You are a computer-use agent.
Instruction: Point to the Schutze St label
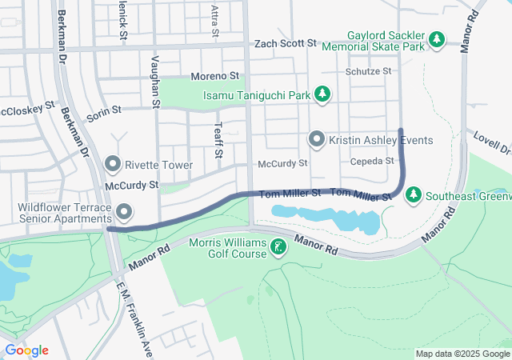click(x=369, y=71)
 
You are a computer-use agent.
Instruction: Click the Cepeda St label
click(x=373, y=161)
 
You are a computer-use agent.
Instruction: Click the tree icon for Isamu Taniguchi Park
click(x=322, y=94)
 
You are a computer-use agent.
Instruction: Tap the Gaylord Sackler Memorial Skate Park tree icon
click(x=436, y=38)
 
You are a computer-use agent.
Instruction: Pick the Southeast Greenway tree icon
click(x=414, y=194)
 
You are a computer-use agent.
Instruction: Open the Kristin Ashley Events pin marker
click(x=317, y=140)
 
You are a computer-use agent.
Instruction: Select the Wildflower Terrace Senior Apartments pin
click(x=124, y=212)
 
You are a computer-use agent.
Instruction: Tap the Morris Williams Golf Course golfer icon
click(x=278, y=247)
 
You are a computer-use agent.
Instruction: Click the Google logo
click(x=26, y=350)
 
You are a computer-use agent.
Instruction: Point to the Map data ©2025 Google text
click(x=462, y=354)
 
